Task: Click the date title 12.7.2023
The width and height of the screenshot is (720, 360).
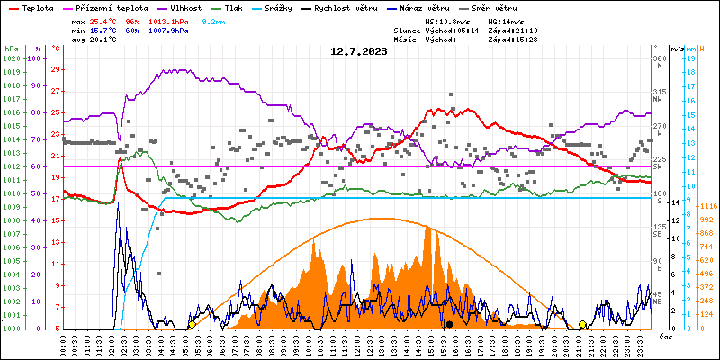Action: [358, 52]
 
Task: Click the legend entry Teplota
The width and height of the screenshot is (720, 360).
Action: [38, 6]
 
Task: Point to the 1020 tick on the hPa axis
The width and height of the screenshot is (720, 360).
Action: [11, 58]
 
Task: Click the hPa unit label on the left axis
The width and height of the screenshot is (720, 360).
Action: [11, 48]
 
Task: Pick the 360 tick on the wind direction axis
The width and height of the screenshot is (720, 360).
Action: [658, 58]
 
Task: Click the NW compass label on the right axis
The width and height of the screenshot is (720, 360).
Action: [658, 99]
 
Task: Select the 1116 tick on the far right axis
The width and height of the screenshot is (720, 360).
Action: [706, 207]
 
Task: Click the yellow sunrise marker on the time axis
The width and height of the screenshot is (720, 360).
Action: [192, 325]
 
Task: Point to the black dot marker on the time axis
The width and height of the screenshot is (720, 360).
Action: [449, 324]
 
